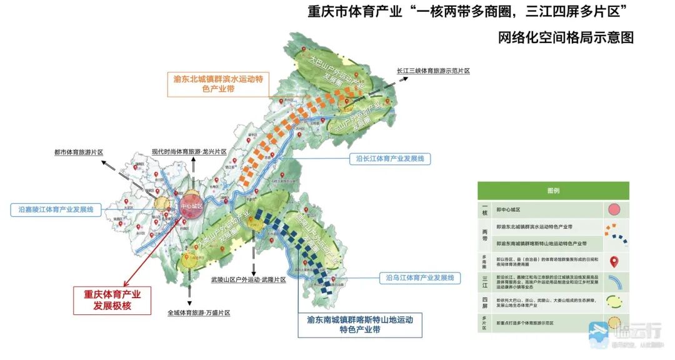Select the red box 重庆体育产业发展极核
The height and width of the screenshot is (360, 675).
tap(112, 299)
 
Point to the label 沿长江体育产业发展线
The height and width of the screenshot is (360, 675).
tap(389, 159)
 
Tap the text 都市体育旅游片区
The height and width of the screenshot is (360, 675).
tap(77, 152)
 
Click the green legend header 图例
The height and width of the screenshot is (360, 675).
tap(553, 191)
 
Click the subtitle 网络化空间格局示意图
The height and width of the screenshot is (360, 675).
tap(565, 37)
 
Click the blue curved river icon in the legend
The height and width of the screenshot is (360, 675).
tap(615, 282)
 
